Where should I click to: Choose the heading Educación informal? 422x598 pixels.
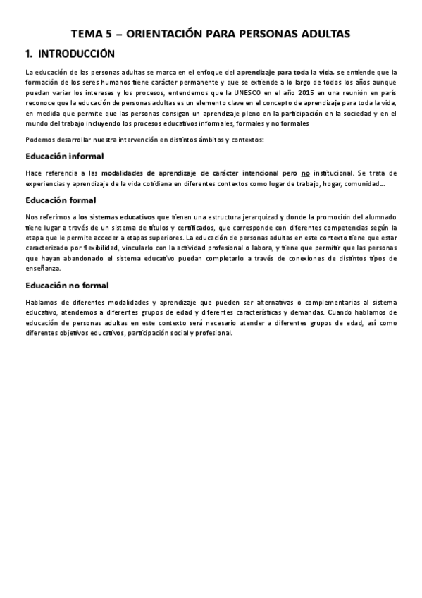[64, 156]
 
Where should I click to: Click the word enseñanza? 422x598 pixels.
[43, 269]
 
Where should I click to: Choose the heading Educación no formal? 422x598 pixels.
[67, 285]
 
